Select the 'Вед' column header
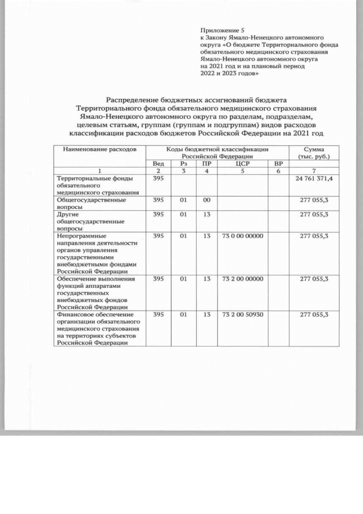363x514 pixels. pyautogui.click(x=159, y=164)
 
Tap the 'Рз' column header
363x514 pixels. pyautogui.click(x=183, y=164)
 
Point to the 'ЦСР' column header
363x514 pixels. pyautogui.click(x=238, y=164)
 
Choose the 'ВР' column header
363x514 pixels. pyautogui.click(x=278, y=164)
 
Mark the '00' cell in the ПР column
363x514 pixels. pyautogui.click(x=207, y=200)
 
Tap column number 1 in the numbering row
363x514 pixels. pyautogui.click(x=100, y=171)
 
